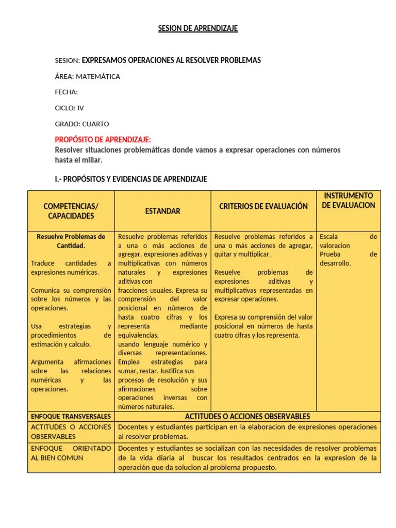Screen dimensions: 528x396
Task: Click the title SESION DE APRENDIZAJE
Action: coord(198,28)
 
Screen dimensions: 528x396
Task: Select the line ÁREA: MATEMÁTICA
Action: coord(87,76)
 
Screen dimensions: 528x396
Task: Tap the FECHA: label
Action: coord(66,92)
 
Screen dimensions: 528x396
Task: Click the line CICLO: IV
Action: coord(69,108)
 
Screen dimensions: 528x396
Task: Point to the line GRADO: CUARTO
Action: coord(82,124)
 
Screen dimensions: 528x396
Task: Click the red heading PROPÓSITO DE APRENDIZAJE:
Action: coord(103,140)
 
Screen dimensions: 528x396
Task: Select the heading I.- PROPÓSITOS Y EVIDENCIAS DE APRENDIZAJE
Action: coord(131,179)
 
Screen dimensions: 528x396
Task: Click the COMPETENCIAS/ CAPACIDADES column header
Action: coord(71,211)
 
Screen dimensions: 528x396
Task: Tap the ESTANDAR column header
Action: coord(162,211)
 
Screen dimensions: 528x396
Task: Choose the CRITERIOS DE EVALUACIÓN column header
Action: coord(263,206)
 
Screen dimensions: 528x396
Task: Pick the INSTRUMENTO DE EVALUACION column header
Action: coord(349,201)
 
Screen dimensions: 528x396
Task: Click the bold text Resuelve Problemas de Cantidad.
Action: coord(71,241)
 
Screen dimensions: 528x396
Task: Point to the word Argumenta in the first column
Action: coord(47,362)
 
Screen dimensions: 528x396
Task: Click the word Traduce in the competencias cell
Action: coord(42,263)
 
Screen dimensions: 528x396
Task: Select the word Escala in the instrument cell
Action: coord(329,237)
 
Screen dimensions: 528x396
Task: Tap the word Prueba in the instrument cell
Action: coord(331,254)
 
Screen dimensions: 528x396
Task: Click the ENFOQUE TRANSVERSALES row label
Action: coord(71,416)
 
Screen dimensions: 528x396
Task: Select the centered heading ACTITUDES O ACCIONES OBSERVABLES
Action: coord(247,416)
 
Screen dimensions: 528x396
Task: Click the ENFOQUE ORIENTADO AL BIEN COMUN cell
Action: coord(71,453)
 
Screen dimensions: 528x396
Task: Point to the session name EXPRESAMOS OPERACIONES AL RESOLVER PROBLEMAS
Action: coord(171,60)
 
